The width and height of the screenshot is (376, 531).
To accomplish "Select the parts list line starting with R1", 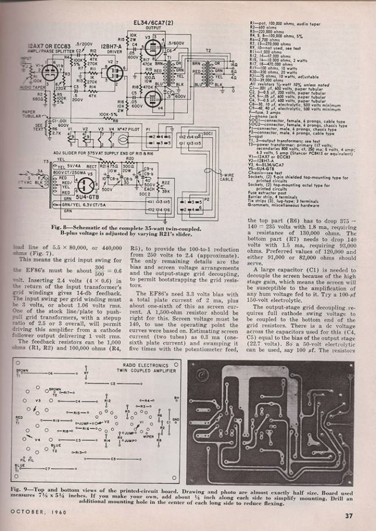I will tap(272, 21).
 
